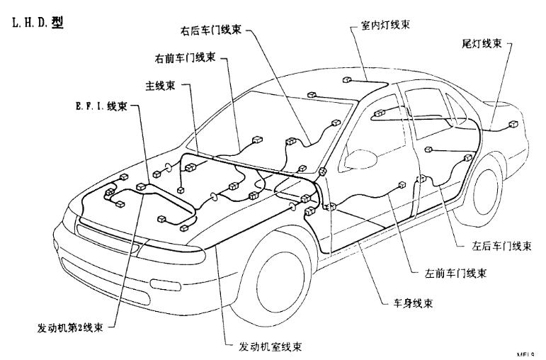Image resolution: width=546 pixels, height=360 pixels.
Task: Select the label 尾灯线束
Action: (482, 44)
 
